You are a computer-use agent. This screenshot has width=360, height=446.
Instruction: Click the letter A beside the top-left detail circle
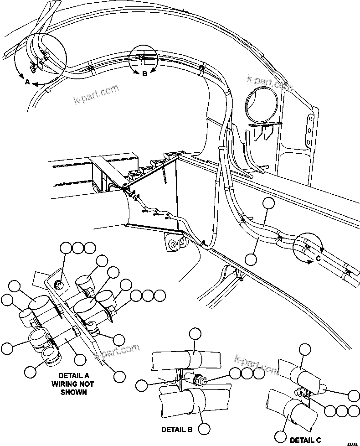pyautogui.click(x=27, y=83)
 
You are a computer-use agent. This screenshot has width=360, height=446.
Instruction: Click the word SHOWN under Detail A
pyautogui.click(x=73, y=392)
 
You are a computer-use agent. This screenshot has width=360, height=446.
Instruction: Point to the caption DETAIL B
pyautogui.click(x=177, y=430)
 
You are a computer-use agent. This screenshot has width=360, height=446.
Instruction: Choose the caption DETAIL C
pyautogui.click(x=305, y=440)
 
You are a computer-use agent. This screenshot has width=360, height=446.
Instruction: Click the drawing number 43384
pyautogui.click(x=352, y=443)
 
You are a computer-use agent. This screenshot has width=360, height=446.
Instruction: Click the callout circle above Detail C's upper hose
pyautogui.click(x=305, y=350)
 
